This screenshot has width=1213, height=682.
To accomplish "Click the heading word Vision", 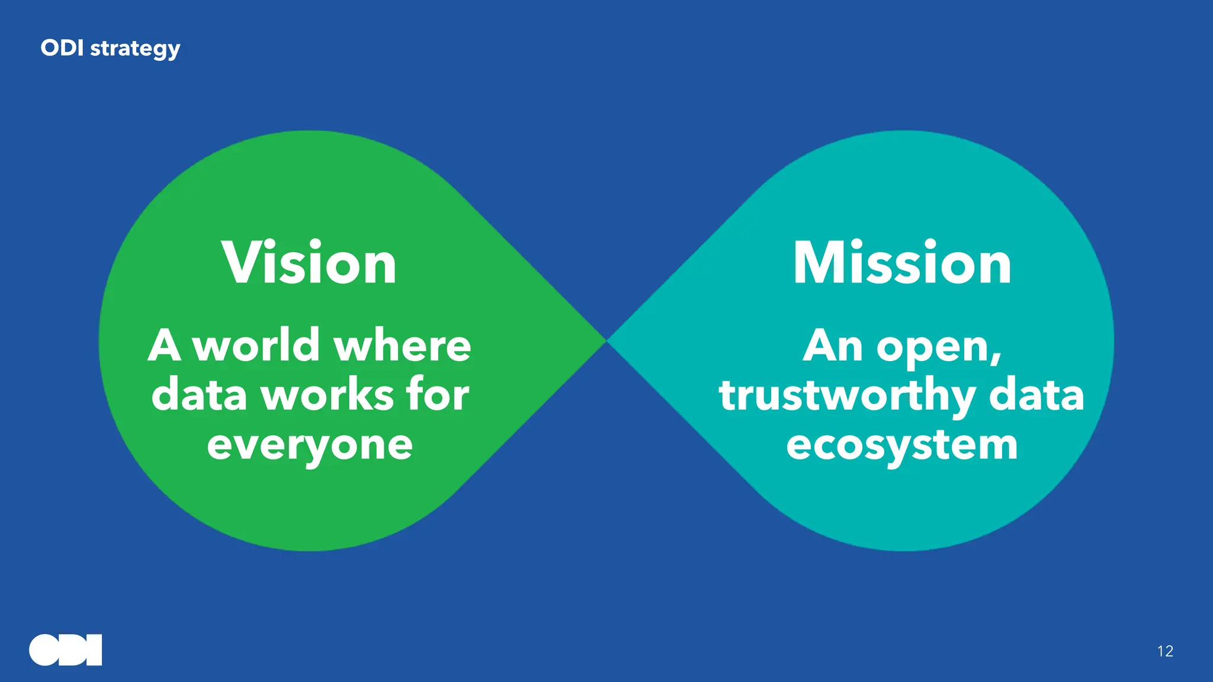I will click(309, 263).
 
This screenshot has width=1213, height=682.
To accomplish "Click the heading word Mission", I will click(902, 263).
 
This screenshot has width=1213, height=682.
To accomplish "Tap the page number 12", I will click(1165, 651).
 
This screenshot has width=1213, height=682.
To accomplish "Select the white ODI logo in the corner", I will click(66, 650).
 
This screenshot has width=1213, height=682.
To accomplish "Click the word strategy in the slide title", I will click(135, 49).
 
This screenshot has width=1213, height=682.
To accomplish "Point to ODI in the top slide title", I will click(62, 48).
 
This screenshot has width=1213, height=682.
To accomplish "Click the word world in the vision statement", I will click(257, 346).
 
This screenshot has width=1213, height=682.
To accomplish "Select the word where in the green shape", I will click(403, 346).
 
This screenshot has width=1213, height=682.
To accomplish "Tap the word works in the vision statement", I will click(328, 395).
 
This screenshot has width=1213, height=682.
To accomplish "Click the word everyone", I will click(310, 446).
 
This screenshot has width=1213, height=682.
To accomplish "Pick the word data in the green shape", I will click(199, 395).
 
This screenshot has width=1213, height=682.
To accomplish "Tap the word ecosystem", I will click(902, 446).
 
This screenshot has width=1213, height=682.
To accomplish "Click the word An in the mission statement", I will click(833, 346).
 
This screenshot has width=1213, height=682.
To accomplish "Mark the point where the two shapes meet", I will click(606, 341).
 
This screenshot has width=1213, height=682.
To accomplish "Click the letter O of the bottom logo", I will click(45, 650).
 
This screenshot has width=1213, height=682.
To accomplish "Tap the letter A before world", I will click(164, 346).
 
